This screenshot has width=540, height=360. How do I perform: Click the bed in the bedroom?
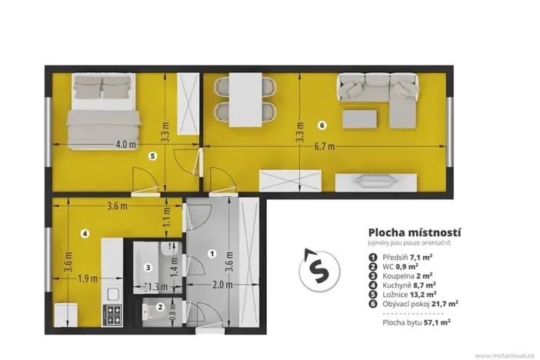[x=102, y=112]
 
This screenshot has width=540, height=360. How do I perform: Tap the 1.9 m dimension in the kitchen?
[x=86, y=278]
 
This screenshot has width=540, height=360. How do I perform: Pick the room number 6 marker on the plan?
[x=322, y=125]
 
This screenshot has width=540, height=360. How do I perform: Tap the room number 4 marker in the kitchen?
[x=85, y=234]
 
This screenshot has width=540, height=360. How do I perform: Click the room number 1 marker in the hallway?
[x=212, y=253]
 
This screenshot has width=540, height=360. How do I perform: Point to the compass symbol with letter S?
[x=316, y=270]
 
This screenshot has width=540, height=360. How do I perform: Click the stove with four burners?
[x=112, y=315]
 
